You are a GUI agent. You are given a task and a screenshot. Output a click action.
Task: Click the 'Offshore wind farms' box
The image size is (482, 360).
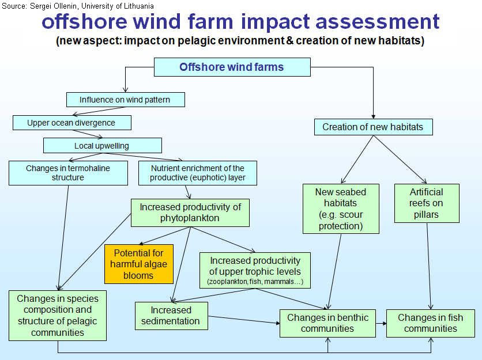pos(232,67)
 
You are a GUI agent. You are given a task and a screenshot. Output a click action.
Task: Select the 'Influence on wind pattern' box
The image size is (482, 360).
pos(126,100)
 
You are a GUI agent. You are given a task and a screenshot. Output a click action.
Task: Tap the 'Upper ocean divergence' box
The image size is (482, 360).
pos(72,123)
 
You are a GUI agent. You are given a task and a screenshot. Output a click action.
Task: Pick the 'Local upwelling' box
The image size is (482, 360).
pos(103,145)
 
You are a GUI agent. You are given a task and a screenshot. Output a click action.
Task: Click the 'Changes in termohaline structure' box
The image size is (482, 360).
pos(68,173)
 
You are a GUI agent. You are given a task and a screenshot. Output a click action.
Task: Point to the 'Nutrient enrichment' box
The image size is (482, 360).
pos(198,173)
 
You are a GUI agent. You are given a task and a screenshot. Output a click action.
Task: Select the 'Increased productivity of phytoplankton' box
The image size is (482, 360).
pos(190,213)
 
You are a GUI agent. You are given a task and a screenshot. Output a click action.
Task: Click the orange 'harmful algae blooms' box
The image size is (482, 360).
pos(139,264)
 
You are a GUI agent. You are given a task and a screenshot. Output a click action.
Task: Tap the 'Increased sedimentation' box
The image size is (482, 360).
pos(171,316)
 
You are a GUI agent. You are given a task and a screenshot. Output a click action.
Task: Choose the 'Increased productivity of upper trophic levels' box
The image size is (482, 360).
pos(255,270)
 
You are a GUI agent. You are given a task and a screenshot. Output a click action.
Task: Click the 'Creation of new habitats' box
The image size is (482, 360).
pos(373,127)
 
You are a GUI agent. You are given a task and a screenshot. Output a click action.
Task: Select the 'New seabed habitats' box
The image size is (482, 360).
pos(341,209)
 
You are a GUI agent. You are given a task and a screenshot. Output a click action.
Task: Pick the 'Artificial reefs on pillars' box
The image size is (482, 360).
pos(427,203)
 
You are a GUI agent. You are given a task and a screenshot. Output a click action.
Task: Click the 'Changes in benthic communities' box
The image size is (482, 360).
pos(327,323)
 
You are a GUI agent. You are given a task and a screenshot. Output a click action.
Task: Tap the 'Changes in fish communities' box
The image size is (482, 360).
pos(430,323)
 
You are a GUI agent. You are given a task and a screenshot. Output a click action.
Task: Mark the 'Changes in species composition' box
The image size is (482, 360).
pos(58,316)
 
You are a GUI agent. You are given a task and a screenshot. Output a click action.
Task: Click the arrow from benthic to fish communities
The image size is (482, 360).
pos(381,323)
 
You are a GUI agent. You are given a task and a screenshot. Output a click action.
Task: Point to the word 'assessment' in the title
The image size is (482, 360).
pos(378,22)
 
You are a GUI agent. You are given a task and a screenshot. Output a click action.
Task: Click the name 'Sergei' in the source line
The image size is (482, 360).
pos(41,6)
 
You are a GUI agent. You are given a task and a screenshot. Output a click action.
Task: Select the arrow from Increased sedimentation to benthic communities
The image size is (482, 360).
pos(244,320)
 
